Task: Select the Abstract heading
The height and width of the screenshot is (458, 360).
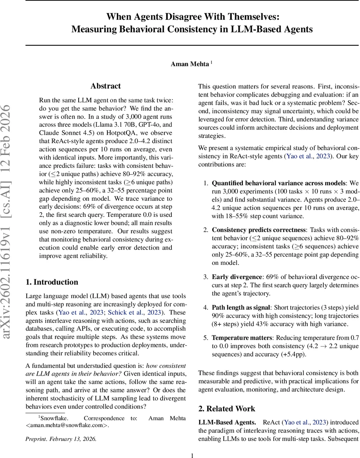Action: click(105, 86)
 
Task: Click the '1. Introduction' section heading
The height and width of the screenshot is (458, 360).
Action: click(52, 282)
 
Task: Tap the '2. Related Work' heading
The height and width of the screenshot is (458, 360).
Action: click(227, 409)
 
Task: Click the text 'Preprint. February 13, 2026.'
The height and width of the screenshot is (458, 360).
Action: click(61, 439)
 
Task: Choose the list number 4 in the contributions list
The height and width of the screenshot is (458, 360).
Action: click(205, 308)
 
